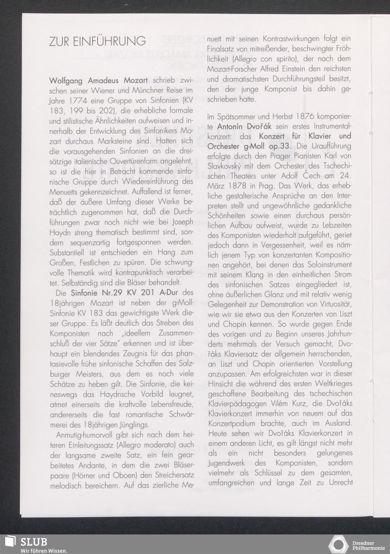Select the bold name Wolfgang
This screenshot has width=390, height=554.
66,81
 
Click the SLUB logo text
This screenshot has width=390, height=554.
34,542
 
